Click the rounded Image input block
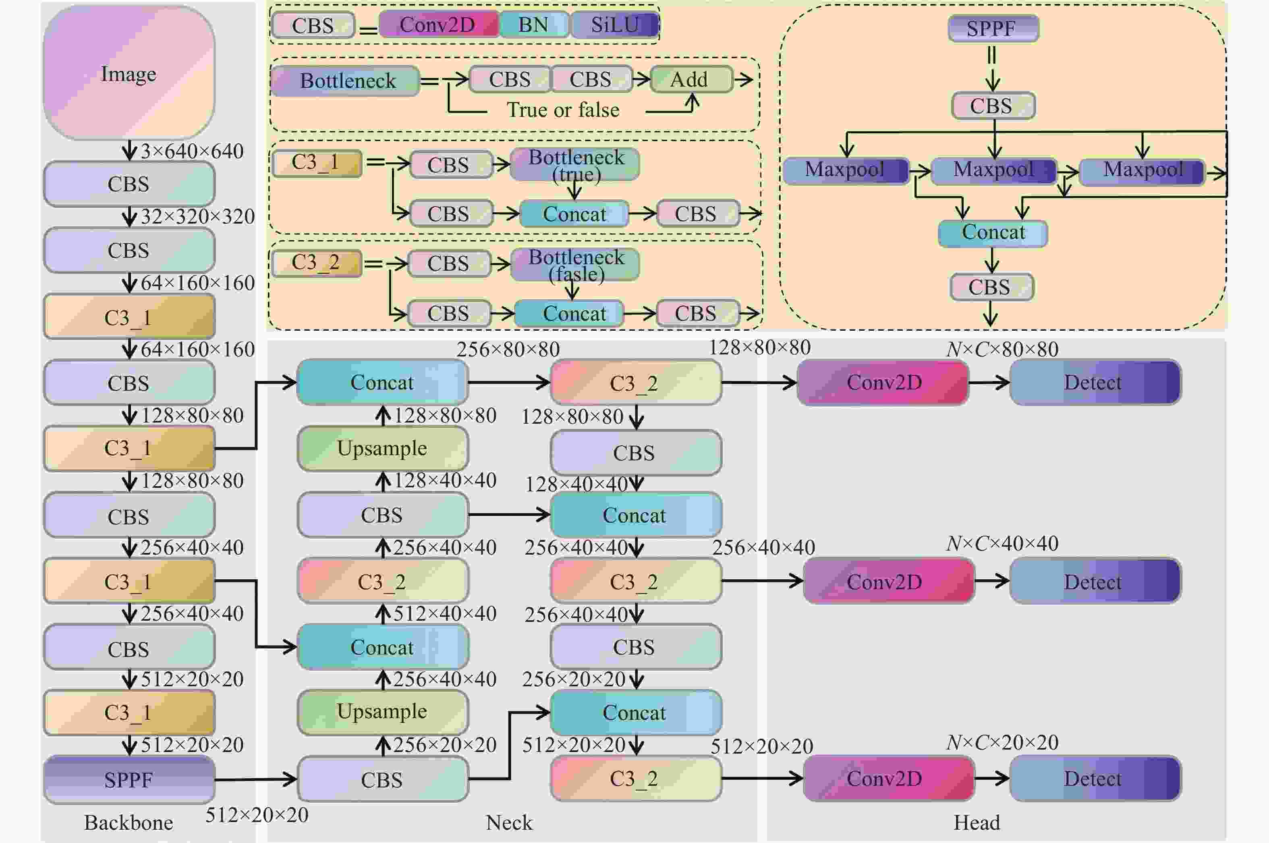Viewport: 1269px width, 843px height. (129, 72)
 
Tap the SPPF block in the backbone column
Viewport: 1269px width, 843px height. (129, 779)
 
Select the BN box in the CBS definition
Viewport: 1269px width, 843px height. (533, 25)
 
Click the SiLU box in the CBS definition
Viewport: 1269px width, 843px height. (615, 25)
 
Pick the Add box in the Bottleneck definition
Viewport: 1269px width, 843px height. (691, 80)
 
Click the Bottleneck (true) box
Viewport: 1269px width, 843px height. (575, 164)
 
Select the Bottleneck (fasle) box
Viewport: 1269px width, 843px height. (575, 265)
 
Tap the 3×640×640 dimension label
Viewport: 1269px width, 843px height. (192, 151)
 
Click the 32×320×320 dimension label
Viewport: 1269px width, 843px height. (197, 216)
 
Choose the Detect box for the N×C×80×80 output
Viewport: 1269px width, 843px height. (1095, 382)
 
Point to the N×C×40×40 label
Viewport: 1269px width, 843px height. (1002, 544)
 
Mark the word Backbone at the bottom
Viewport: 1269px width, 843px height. (129, 822)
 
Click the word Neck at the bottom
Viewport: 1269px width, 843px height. (509, 822)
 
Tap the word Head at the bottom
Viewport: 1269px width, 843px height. (977, 822)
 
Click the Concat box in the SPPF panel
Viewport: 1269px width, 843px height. (993, 233)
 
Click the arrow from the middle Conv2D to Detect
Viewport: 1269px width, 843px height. (993, 581)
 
